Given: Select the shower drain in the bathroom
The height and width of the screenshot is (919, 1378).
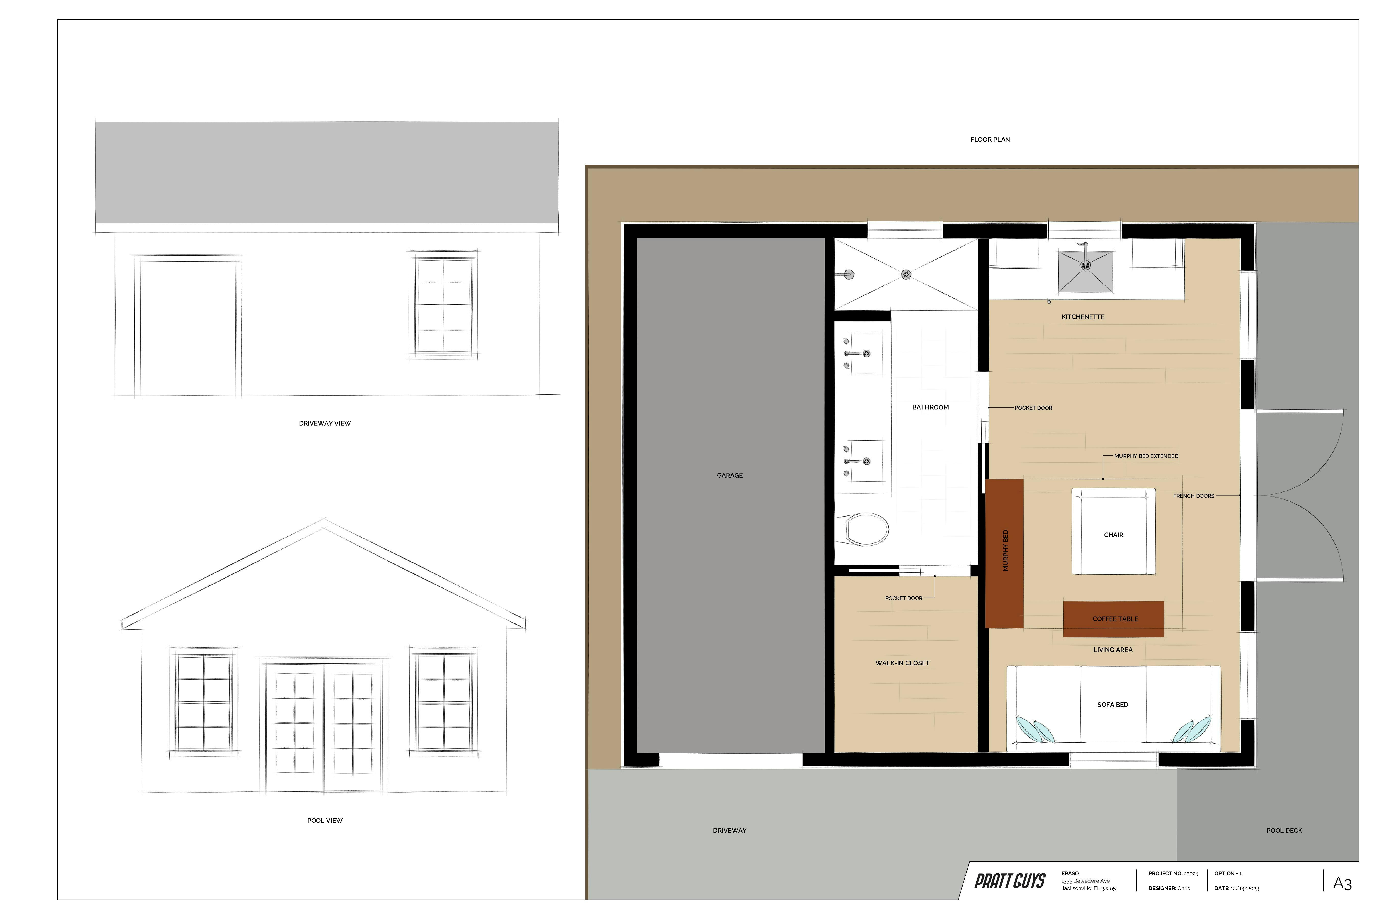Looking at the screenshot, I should pyautogui.click(x=906, y=274).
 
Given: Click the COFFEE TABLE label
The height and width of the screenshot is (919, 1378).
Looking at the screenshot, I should pyautogui.click(x=1115, y=619).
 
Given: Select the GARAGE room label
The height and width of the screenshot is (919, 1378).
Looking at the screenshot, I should pyautogui.click(x=729, y=475).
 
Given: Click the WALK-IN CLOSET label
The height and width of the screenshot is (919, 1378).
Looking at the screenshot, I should pyautogui.click(x=902, y=663).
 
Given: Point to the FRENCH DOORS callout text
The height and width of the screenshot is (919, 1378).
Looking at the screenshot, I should pyautogui.click(x=1194, y=496).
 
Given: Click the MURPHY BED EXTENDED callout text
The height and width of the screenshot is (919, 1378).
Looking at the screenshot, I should pyautogui.click(x=1146, y=456).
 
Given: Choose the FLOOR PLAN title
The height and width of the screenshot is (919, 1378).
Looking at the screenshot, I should pyautogui.click(x=990, y=139).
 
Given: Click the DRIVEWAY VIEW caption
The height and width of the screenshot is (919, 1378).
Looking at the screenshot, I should pyautogui.click(x=325, y=423).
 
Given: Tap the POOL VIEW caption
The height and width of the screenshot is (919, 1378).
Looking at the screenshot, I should pyautogui.click(x=325, y=820).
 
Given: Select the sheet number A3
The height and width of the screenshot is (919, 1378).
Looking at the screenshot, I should pyautogui.click(x=1342, y=883).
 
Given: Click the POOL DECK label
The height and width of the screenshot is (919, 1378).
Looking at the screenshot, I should pyautogui.click(x=1284, y=830).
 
